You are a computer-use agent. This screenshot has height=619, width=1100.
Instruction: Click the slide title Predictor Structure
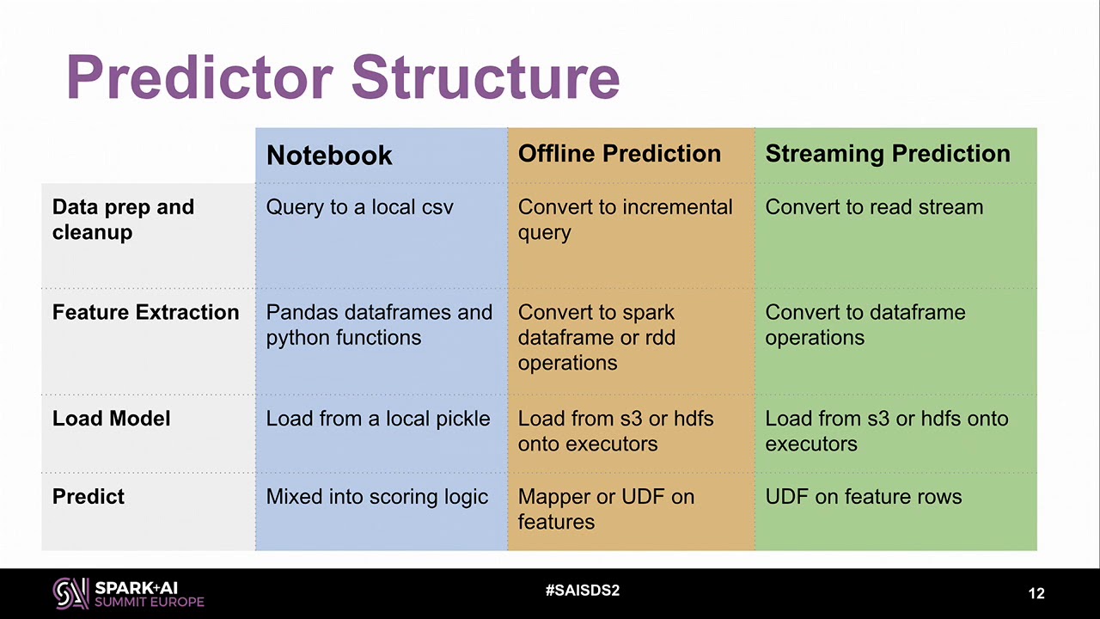coord(343,77)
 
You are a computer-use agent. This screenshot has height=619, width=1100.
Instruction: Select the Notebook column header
coord(329,156)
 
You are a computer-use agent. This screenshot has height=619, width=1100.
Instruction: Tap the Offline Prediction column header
coord(620,153)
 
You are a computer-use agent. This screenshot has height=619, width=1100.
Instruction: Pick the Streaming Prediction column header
coord(888,153)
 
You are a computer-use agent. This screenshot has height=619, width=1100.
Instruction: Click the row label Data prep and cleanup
coord(123,219)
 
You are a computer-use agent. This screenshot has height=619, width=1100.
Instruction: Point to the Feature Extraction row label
coord(146,312)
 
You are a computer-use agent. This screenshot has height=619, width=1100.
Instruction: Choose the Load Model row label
coord(112,419)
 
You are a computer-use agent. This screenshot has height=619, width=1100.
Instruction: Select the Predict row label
coord(89,496)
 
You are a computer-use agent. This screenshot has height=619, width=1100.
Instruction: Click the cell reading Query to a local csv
coord(359,207)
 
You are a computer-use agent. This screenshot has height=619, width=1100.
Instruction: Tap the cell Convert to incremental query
coord(625,219)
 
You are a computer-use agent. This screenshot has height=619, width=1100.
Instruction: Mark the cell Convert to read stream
coord(874,207)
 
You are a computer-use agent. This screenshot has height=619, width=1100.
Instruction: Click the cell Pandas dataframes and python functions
coord(379,325)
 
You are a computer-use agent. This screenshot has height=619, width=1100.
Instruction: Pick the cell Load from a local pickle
coord(378,419)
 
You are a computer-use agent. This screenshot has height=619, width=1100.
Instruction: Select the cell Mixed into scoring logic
coord(377,497)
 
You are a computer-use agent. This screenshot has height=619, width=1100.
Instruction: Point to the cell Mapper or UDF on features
coord(607,509)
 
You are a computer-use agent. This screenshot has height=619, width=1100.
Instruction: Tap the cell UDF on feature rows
coord(864,496)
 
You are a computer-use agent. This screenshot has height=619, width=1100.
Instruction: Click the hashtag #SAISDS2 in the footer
coord(583,590)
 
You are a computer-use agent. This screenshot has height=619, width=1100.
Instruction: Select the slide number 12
coord(1036,593)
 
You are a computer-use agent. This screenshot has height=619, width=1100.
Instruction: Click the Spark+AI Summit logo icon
coord(71,593)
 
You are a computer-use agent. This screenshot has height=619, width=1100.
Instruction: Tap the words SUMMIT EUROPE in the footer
coord(150,603)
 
